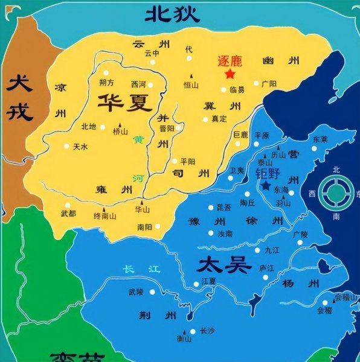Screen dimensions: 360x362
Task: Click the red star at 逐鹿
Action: pos(230,74)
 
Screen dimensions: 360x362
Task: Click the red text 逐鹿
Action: pos(230,60)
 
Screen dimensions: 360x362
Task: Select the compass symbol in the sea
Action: pos(335,193)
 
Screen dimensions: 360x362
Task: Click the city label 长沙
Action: pos(207,331)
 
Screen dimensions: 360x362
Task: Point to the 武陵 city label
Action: pos(136,292)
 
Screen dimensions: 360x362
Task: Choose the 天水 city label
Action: pos(80,147)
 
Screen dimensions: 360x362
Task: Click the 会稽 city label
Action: pos(324,310)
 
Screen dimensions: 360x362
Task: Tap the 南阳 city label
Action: pos(145,227)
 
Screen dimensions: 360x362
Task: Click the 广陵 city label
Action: pos(300,233)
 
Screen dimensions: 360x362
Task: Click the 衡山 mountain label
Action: pos(184,339)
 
